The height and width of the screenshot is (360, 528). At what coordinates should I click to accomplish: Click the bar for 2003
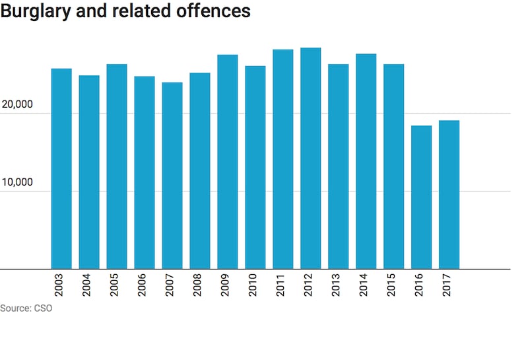[61, 168]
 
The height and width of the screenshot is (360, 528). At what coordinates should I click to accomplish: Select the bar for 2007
[172, 176]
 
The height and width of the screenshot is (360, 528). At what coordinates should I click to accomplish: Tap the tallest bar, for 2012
[310, 159]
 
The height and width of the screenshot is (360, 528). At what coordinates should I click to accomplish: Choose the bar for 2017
[449, 195]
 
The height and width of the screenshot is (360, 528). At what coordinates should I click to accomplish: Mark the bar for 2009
[228, 162]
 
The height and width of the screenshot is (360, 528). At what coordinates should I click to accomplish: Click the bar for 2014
[366, 161]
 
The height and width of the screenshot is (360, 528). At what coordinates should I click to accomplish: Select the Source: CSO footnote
[26, 308]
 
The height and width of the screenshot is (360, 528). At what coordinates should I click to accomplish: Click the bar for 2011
[282, 159]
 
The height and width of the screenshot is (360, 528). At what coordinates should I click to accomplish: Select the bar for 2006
[145, 172]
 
